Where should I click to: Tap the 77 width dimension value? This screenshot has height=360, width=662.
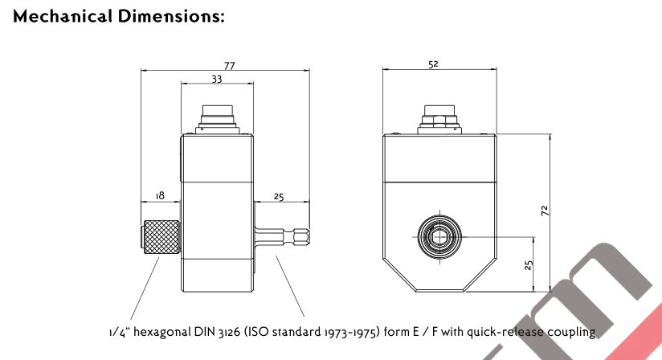tap(230, 67)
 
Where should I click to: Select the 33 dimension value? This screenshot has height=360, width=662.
tap(217, 79)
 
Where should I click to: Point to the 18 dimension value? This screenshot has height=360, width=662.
tap(159, 196)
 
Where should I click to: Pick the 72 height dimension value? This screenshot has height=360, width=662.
tap(546, 211)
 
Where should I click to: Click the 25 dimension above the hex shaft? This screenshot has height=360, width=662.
tap(279, 196)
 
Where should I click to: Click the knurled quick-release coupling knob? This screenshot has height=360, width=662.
tap(161, 237)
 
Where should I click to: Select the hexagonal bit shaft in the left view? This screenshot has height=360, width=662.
tap(281, 237)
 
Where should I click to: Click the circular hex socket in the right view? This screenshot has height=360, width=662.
tap(439, 237)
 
